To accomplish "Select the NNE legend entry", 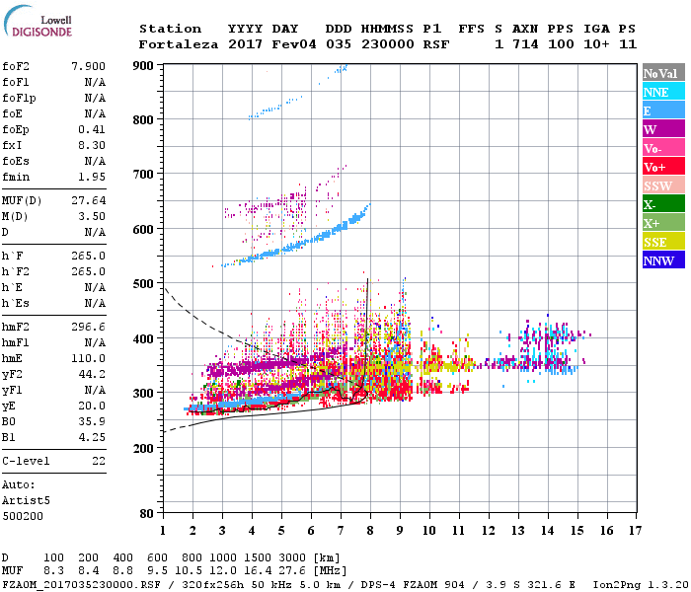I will click(x=662, y=92).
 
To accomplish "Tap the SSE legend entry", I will click(x=662, y=242).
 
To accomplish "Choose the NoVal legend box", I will click(x=662, y=73).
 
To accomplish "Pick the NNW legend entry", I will click(x=662, y=260).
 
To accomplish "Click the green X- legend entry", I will click(x=662, y=204).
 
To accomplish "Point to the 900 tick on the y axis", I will click(x=144, y=65).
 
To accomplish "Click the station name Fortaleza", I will click(x=179, y=44).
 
